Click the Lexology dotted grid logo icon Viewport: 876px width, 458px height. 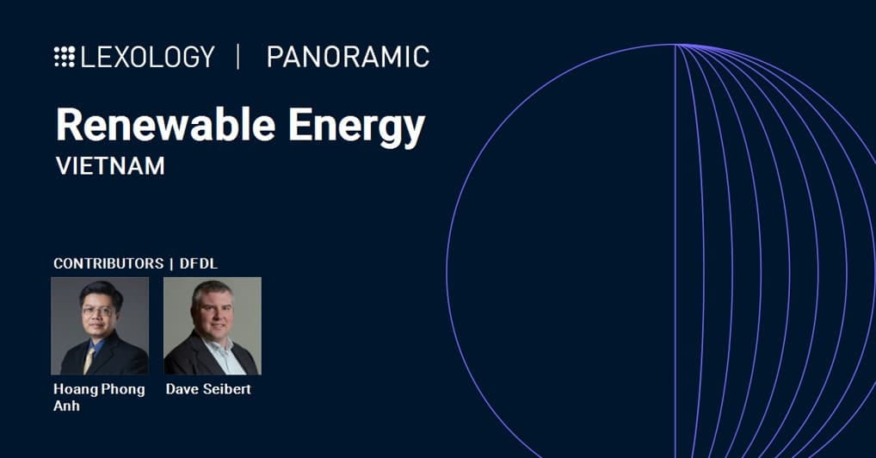coord(65,57)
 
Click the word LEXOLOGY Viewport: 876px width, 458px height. coord(148,57)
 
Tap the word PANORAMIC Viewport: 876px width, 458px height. coord(348,57)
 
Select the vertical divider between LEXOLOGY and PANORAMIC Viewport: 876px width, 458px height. coord(238,57)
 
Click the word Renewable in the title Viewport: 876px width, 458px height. coord(166,125)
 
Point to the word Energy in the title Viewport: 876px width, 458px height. coord(357,127)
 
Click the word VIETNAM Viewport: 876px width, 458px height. coord(110,166)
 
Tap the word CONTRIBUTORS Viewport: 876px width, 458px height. coord(108,263)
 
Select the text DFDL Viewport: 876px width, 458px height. coord(198,263)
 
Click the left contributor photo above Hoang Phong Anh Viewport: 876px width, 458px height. coord(100,326)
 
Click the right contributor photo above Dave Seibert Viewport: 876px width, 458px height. coord(213,326)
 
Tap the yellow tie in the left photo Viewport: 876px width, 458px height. coord(89,360)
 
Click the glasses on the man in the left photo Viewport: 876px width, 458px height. coord(98,311)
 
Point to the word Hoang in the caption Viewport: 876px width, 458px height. coord(76,389)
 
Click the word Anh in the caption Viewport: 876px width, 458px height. coord(66,406)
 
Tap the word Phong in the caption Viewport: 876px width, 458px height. coord(123,390)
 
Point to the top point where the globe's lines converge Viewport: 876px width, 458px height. coord(676,45)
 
